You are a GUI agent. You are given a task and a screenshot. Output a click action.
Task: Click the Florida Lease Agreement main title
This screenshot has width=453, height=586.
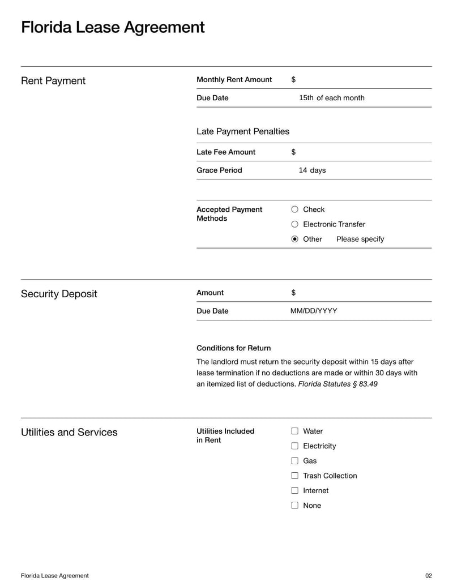(113, 27)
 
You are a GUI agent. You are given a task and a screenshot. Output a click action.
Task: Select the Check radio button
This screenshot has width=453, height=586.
(294, 209)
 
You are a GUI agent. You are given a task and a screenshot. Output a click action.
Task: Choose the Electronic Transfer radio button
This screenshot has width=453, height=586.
(294, 224)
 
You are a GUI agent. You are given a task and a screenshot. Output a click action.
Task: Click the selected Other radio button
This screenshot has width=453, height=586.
(294, 239)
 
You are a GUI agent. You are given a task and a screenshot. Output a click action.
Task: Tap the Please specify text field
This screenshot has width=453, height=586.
(360, 239)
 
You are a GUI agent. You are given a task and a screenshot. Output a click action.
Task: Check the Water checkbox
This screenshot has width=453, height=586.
(294, 431)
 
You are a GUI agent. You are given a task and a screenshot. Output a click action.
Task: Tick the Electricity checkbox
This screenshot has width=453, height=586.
(294, 446)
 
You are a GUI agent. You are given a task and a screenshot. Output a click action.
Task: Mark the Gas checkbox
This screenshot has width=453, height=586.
(294, 461)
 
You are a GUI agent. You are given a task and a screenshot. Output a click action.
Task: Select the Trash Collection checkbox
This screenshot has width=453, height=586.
(294, 476)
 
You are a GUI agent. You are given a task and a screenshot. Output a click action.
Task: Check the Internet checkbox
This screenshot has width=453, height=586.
(294, 490)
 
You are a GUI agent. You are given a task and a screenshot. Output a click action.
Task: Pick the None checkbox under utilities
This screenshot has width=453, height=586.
(294, 506)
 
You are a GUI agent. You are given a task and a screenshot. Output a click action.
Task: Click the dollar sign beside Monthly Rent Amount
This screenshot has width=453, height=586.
(293, 80)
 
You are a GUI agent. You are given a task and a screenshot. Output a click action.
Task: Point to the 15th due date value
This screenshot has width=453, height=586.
(306, 98)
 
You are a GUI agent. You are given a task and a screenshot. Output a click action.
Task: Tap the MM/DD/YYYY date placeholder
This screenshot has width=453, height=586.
(314, 311)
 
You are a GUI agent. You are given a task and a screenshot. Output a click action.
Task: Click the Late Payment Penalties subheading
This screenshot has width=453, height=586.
(242, 131)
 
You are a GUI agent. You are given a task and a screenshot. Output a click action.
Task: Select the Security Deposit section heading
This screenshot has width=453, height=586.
(59, 294)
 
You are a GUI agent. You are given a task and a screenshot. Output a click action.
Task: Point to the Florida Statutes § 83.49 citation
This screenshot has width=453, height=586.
(337, 384)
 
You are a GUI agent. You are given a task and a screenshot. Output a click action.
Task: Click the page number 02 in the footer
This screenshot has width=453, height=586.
(428, 576)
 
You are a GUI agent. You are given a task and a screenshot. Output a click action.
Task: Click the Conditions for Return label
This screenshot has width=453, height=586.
(233, 348)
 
